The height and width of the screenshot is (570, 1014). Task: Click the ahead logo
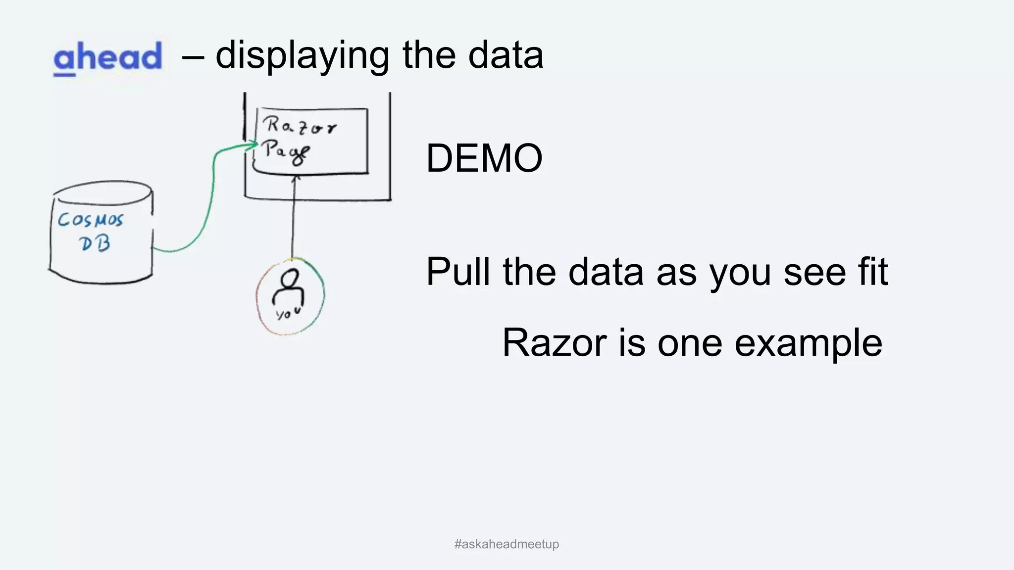click(107, 58)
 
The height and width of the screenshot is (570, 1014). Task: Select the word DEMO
click(484, 158)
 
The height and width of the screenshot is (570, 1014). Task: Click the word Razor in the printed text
click(555, 342)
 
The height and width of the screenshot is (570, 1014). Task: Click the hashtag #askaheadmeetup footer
click(507, 544)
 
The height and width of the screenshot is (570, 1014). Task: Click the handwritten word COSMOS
click(90, 219)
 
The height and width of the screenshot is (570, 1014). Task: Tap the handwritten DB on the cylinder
click(95, 242)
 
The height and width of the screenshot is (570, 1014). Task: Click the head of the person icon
click(289, 278)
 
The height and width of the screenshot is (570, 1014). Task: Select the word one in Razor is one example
click(689, 342)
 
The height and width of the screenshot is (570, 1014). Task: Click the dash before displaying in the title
click(193, 55)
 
